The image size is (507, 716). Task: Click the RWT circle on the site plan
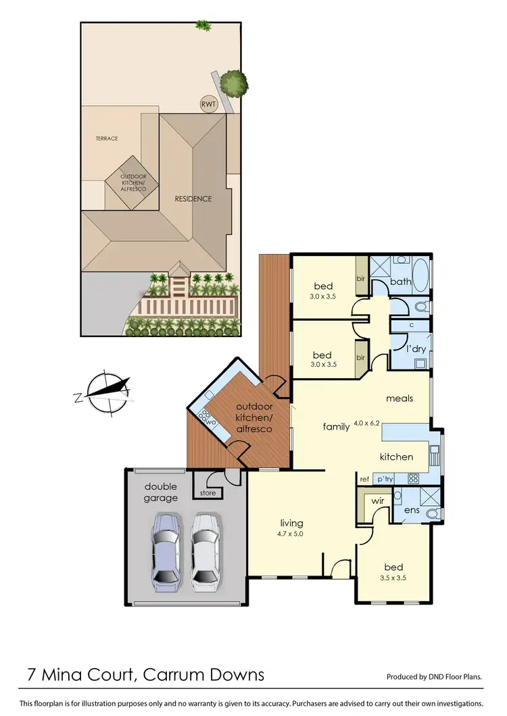click(x=209, y=105)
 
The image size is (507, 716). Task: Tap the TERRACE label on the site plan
click(x=107, y=138)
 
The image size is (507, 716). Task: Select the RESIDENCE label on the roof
click(x=193, y=199)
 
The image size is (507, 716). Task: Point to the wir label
click(x=377, y=502)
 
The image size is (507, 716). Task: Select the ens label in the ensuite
click(x=412, y=510)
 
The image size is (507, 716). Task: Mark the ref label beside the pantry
click(x=364, y=478)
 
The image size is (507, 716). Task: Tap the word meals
click(x=400, y=398)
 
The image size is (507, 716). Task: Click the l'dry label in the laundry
click(x=414, y=349)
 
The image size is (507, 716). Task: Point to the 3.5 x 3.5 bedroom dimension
click(x=392, y=578)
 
